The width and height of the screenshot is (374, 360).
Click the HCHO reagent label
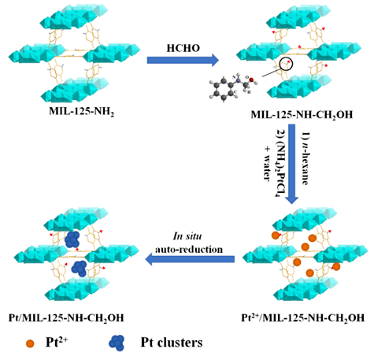(x=183, y=48)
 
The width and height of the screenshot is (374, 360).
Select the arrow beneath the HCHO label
(x=183, y=60)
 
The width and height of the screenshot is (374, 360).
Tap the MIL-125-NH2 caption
(x=82, y=111)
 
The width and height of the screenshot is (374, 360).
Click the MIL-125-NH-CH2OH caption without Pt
(x=302, y=115)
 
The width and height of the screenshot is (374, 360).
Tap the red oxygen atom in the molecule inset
(x=251, y=80)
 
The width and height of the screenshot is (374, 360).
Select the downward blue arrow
(x=292, y=164)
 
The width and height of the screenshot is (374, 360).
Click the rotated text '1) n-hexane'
(x=305, y=158)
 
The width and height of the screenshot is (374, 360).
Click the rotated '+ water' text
(x=267, y=163)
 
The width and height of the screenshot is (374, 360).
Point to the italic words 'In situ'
(x=187, y=236)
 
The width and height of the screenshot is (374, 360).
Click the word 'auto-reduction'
(x=189, y=249)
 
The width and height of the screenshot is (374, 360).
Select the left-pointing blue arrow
(x=190, y=259)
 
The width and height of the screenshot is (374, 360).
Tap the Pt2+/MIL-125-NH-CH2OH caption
(x=303, y=317)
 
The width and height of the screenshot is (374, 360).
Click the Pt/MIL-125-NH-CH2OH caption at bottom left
(x=66, y=318)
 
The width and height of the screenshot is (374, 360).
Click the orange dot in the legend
(x=30, y=343)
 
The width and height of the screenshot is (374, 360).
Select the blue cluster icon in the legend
(x=117, y=343)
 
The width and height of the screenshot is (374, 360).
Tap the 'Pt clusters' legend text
(x=172, y=343)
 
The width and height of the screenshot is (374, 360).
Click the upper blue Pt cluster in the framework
(x=72, y=239)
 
